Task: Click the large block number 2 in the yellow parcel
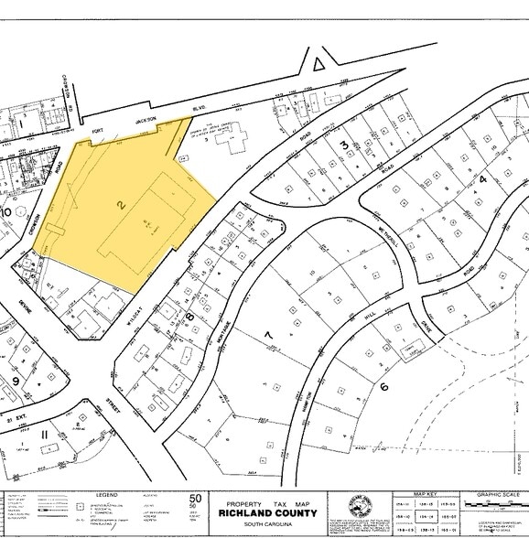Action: pyautogui.click(x=121, y=208)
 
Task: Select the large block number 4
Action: pyautogui.click(x=482, y=180)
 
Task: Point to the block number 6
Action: pyautogui.click(x=384, y=386)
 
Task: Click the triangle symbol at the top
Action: pyautogui.click(x=318, y=62)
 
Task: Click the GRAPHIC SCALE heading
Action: pyautogui.click(x=496, y=495)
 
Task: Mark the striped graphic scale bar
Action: pyautogui.click(x=494, y=505)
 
